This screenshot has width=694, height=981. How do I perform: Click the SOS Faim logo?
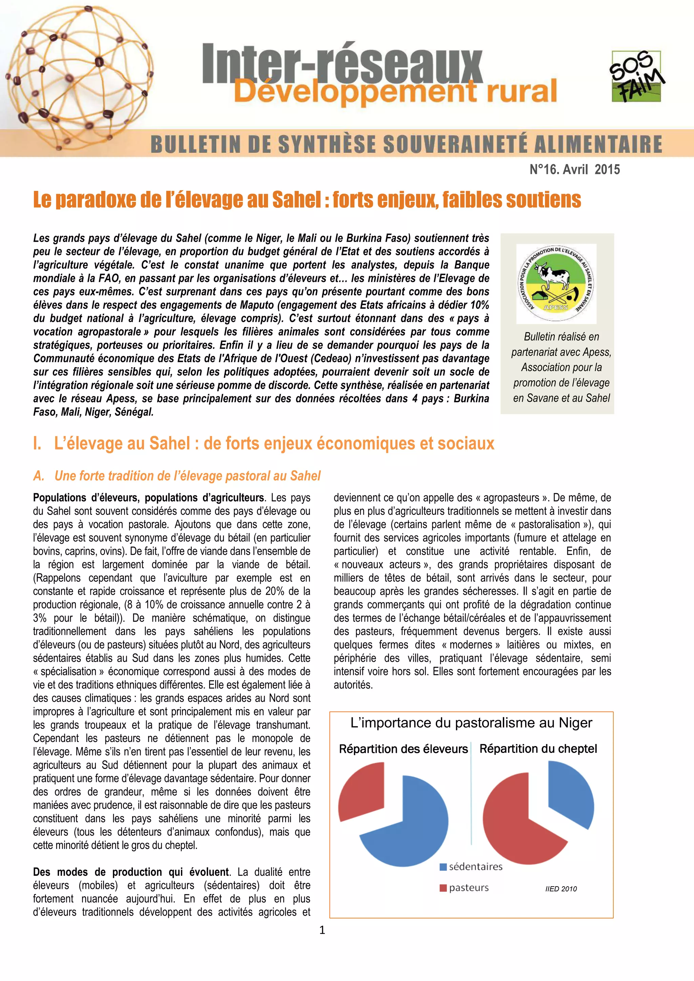pyautogui.click(x=636, y=76)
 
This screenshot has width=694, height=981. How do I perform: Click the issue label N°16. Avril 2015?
pyautogui.click(x=574, y=170)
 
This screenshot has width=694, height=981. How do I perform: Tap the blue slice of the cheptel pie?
pyautogui.click(x=571, y=795)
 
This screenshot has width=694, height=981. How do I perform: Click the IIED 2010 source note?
pyautogui.click(x=560, y=889)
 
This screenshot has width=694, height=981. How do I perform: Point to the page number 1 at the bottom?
pyautogui.click(x=322, y=930)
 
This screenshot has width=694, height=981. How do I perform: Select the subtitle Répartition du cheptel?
pyautogui.click(x=538, y=748)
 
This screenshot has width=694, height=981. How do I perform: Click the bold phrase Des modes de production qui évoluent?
pyautogui.click(x=131, y=872)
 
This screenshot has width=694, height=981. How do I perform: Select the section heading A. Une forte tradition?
pyautogui.click(x=177, y=476)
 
